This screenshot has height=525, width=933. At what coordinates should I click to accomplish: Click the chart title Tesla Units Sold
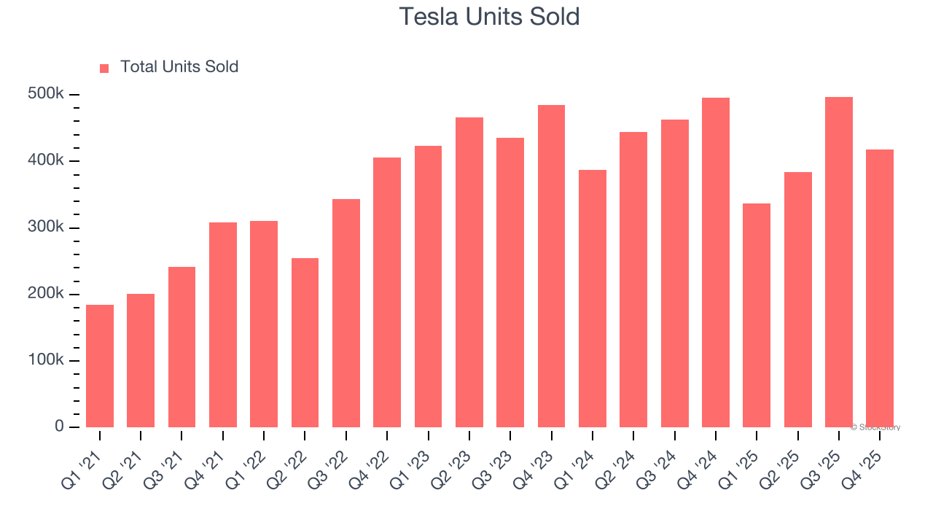pyautogui.click(x=489, y=17)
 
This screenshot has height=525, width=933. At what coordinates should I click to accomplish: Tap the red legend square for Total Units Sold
pyautogui.click(x=104, y=68)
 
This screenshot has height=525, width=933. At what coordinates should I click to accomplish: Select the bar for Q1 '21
pyautogui.click(x=100, y=366)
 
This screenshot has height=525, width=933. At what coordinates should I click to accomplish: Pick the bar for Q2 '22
pyautogui.click(x=305, y=343)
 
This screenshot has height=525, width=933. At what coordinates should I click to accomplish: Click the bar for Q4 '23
pyautogui.click(x=551, y=266)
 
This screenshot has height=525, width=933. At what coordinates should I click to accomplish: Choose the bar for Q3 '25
pyautogui.click(x=838, y=262)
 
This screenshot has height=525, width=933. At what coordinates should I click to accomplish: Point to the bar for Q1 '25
pyautogui.click(x=757, y=315)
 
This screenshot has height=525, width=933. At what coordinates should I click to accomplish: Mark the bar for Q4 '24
pyautogui.click(x=716, y=262)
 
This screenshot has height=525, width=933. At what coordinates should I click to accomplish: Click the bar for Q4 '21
pyautogui.click(x=223, y=324)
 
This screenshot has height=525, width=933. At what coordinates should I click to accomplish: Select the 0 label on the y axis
pyautogui.click(x=60, y=427)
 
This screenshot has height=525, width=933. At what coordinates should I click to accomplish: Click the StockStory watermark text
pyautogui.click(x=875, y=427)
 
